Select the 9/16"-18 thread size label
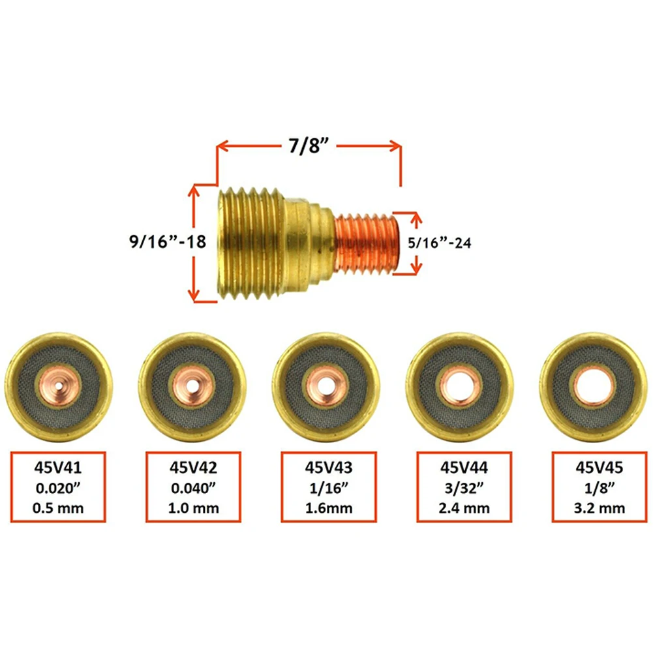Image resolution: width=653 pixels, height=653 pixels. point(168,241)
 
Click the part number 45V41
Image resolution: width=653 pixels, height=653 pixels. point(59,467)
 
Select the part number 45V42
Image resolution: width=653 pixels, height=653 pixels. point(193,467)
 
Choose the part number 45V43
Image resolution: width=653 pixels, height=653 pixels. point(328,467)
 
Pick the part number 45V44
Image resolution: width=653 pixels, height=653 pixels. point(463,467)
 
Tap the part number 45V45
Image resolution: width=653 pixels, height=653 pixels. point(598,467)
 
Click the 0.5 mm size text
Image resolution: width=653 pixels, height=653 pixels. point(59,508)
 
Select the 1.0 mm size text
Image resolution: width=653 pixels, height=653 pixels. point(193,508)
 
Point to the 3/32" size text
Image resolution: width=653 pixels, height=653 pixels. point(463,487)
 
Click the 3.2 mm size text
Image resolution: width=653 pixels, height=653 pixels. point(598,508)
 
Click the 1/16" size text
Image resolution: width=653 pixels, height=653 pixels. point(328,487)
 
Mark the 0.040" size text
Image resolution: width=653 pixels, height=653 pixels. point(193,487)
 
